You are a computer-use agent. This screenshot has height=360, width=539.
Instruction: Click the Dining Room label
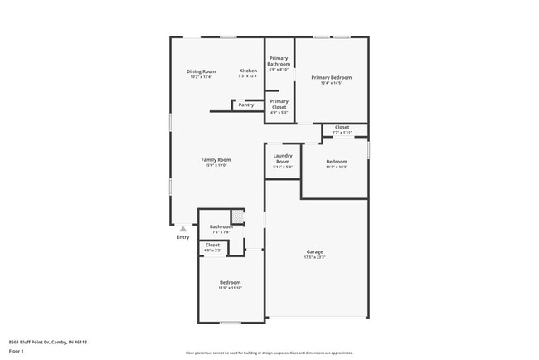click(x=202, y=71)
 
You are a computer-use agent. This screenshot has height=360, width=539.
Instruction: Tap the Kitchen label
click(x=249, y=71)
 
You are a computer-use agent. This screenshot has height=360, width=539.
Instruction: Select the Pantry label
click(x=246, y=105)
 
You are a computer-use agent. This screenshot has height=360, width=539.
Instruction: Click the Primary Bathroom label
click(x=279, y=61)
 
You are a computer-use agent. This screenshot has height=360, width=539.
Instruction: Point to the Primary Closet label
click(x=279, y=104)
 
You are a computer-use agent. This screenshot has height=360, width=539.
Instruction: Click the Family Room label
click(x=216, y=159)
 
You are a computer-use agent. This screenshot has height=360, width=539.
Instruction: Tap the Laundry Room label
click(x=283, y=158)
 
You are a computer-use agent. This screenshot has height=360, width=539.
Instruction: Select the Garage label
click(x=315, y=251)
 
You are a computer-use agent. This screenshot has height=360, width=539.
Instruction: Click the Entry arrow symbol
click(x=183, y=228)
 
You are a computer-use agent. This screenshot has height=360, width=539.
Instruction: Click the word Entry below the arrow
click(x=183, y=238)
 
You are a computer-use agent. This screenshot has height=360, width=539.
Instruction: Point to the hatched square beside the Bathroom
click(x=237, y=217)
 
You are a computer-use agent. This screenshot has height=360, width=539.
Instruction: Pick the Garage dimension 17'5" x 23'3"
click(x=315, y=257)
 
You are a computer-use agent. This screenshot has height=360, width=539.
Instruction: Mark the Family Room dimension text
click(x=216, y=165)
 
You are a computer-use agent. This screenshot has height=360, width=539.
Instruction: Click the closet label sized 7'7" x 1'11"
click(x=342, y=129)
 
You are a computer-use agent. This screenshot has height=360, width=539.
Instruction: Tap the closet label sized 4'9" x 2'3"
click(x=213, y=247)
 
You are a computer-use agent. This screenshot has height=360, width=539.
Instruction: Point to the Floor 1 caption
click(x=17, y=351)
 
